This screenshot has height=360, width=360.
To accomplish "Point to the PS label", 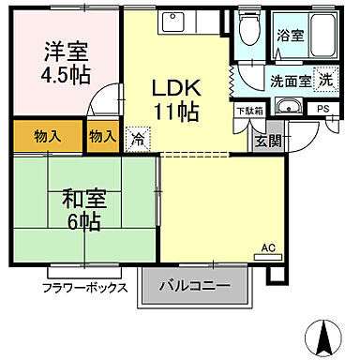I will (322, 109).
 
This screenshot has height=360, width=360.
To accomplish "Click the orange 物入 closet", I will (46, 136).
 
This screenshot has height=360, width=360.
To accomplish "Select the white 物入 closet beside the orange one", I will (102, 136).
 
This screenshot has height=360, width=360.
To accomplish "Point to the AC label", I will (267, 247).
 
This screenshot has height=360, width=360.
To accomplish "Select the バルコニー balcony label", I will (195, 286).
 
